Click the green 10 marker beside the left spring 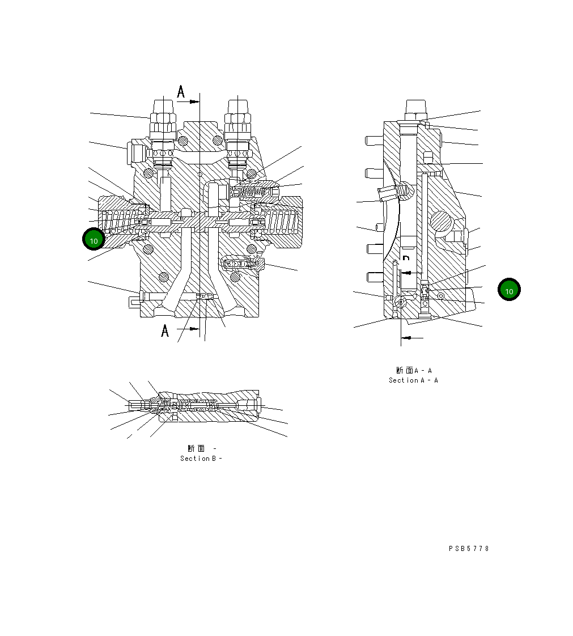point(94,239)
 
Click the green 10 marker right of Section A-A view point(509,290)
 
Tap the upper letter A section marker point(181,92)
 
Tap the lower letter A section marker point(165,330)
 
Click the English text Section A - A point(413,380)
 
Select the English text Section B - point(201,459)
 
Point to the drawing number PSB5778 point(469,549)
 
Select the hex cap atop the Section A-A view point(416,107)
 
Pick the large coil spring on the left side point(120,221)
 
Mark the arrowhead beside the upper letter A point(194,101)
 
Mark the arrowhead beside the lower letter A point(194,328)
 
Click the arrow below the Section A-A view point(412,338)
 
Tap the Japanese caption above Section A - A point(414,371)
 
